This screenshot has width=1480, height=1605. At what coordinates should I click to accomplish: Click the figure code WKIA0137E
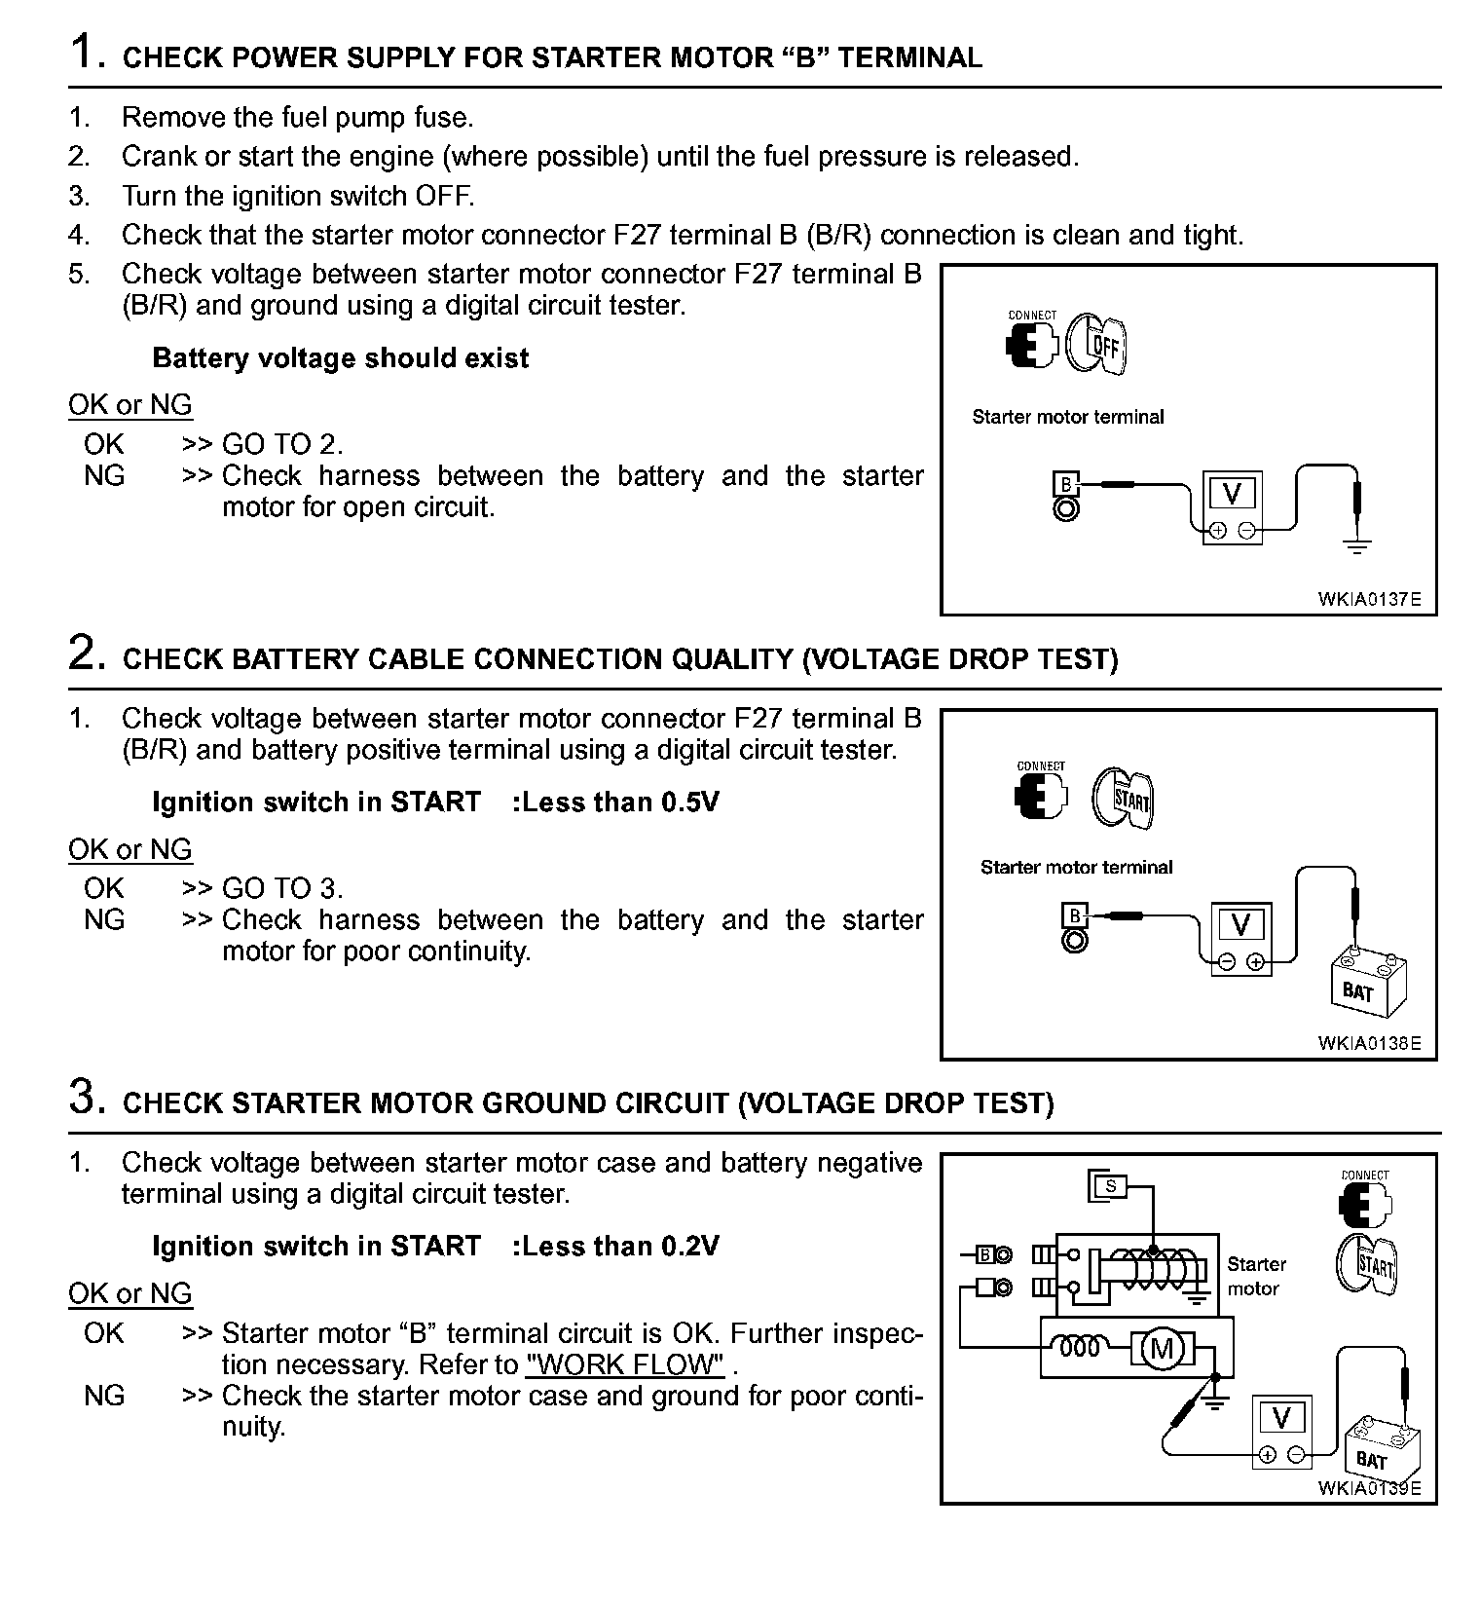(1369, 599)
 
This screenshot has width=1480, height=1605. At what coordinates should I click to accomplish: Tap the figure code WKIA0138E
(1369, 1043)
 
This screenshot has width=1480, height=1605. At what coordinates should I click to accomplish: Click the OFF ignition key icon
(1096, 344)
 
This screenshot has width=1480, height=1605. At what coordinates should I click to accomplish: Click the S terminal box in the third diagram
(1110, 1186)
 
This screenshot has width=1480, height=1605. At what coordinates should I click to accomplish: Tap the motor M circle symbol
(1161, 1348)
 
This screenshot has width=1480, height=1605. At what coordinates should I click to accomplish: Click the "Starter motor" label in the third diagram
(1255, 1276)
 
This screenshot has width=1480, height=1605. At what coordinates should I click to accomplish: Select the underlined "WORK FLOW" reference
(624, 1364)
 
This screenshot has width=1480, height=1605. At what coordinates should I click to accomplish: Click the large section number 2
(86, 653)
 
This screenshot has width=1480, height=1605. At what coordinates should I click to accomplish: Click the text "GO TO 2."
(282, 445)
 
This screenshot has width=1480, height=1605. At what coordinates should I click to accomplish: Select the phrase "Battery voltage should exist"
(340, 358)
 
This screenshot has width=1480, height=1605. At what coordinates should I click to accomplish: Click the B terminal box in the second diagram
(1075, 915)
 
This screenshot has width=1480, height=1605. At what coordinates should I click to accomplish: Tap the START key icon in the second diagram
(1123, 798)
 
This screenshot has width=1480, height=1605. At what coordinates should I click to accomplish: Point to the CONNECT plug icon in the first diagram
(1031, 342)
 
